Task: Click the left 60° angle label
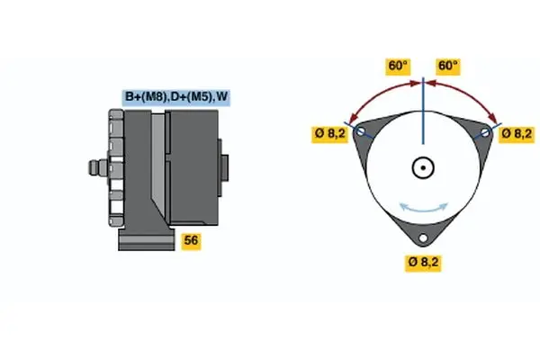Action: pos(398,67)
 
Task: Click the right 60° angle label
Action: pos(447,67)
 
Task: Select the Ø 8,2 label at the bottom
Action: pos(423,263)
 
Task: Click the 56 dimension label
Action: pos(191,240)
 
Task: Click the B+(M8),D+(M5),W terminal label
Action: pos(176,96)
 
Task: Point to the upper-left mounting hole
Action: pos(362,133)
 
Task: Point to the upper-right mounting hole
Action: pos(485,133)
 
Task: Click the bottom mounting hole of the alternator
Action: pos(423,238)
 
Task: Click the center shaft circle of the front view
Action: pos(423,168)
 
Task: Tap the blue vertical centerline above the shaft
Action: pos(423,117)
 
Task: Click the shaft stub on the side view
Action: pos(94,167)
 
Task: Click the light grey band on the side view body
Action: pos(158,166)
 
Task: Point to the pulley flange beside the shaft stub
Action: pos(114,167)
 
